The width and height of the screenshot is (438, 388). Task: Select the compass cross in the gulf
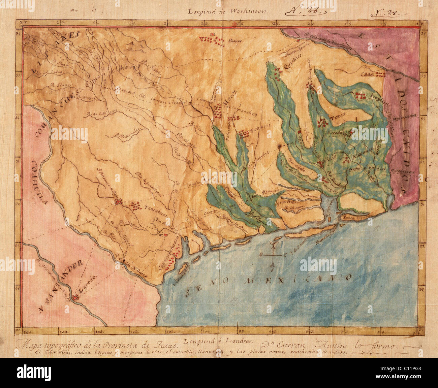pos(273,256)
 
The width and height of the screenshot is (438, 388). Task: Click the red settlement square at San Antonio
pos(119,202)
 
